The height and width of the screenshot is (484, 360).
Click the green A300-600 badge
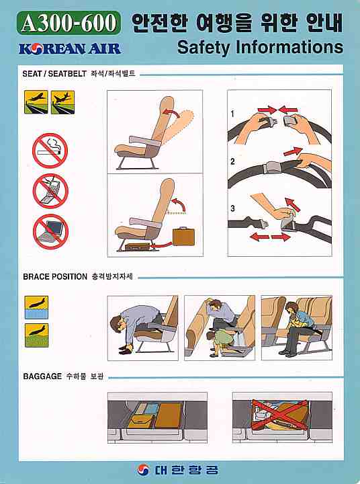tap(71, 25)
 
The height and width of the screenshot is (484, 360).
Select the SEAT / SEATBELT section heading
tap(54, 73)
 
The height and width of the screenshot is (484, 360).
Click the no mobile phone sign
tap(50, 190)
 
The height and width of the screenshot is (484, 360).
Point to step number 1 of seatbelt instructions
tap(232, 114)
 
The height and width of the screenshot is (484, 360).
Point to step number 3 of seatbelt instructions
tap(232, 208)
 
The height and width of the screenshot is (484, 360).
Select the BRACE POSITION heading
tap(55, 276)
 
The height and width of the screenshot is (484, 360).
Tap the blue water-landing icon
tap(36, 307)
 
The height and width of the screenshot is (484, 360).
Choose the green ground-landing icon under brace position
tap(36, 334)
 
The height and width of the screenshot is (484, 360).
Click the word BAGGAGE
tap(42, 376)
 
